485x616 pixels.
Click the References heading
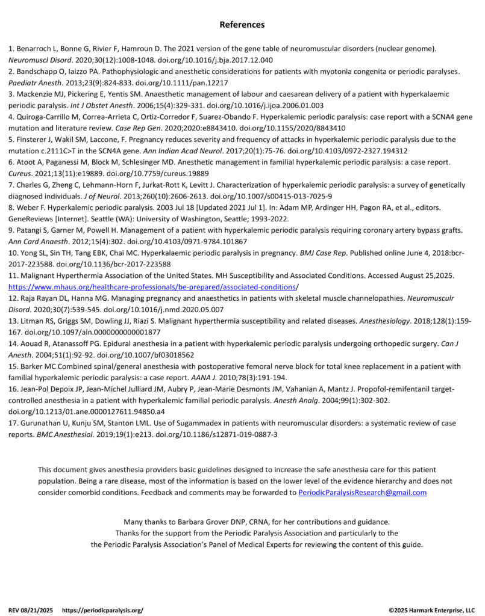(242, 25)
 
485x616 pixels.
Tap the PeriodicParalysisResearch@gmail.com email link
(363, 492)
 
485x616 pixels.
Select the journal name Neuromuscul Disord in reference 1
(37, 60)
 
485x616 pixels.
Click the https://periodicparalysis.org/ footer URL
(102, 609)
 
